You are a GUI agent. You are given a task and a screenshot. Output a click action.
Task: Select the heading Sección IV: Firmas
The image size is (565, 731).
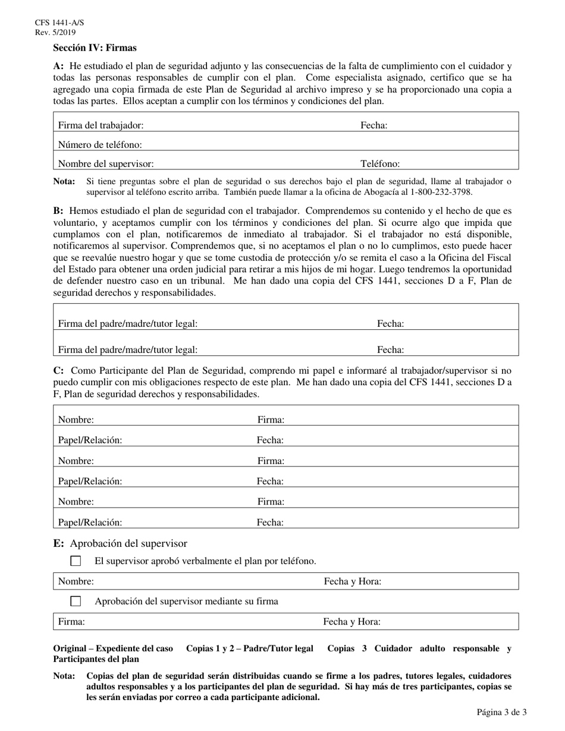95,48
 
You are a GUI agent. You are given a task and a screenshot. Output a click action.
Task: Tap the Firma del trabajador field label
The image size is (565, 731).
101,125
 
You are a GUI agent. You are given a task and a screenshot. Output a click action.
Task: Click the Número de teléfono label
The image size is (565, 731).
100,144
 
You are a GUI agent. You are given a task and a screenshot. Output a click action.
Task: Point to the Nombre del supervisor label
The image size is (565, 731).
106,164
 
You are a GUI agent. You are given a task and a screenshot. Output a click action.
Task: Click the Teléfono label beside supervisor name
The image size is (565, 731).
380,164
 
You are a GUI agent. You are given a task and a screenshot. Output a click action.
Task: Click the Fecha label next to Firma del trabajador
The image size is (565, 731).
374,125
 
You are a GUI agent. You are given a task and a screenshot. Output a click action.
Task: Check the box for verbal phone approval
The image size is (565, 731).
76,561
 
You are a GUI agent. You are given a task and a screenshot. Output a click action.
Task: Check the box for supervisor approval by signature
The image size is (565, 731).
76,601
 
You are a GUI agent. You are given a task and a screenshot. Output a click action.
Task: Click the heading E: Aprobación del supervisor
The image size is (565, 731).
120,543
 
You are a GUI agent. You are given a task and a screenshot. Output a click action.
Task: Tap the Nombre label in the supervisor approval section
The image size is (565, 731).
76,582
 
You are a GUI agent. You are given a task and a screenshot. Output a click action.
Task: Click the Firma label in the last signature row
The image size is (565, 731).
71,622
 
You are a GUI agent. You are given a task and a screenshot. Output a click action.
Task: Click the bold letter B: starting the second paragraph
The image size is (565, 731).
58,211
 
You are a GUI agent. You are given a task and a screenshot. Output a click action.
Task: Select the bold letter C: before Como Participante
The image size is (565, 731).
59,371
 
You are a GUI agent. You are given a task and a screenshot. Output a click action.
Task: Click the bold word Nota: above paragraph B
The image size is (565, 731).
64,182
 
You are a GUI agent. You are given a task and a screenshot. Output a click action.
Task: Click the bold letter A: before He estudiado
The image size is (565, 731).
58,67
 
